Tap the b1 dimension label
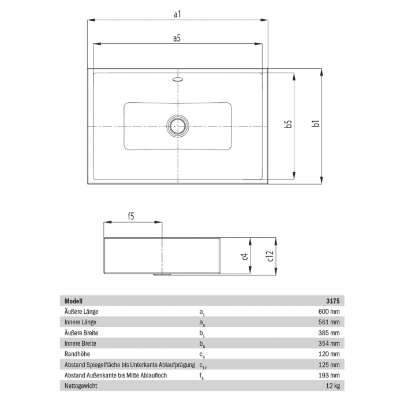[x=315, y=125]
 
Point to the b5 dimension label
[x=289, y=125]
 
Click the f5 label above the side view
[x=131, y=216]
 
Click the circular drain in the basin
[x=178, y=125]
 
